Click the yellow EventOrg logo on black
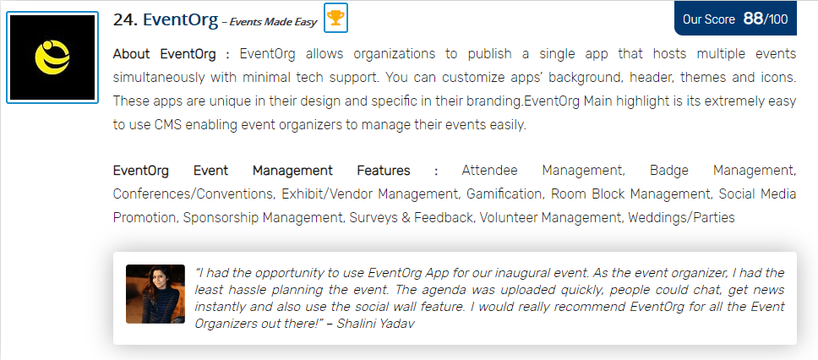(x=52, y=57)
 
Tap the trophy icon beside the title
(x=335, y=18)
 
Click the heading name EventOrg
(x=181, y=19)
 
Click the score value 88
(x=753, y=19)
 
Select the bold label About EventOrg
(x=164, y=54)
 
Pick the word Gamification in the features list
(x=504, y=194)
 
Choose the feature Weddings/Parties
(x=681, y=217)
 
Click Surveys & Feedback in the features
(x=411, y=217)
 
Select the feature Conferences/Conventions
(x=194, y=194)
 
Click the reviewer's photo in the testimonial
(x=155, y=294)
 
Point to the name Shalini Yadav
(x=375, y=324)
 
